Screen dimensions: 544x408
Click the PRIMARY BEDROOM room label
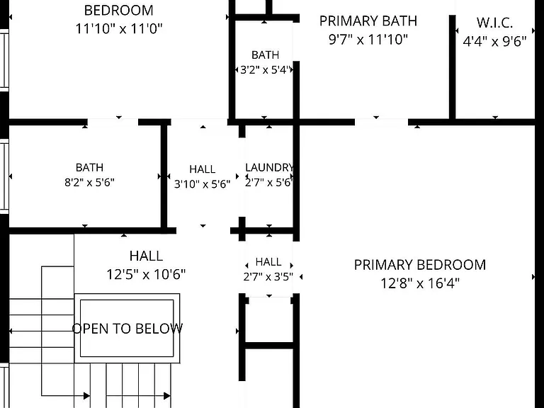(420, 265)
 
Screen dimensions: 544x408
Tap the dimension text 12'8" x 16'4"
(420, 283)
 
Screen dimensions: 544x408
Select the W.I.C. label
(494, 23)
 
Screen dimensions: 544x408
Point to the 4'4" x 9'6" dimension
(494, 41)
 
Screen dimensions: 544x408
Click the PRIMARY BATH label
(368, 21)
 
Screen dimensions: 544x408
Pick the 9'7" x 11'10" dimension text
(368, 40)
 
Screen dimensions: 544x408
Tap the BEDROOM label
(119, 11)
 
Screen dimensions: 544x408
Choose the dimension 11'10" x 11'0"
(119, 29)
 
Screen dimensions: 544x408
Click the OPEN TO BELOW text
(127, 329)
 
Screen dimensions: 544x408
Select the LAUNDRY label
(270, 168)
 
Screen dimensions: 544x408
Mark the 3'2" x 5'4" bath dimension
(265, 70)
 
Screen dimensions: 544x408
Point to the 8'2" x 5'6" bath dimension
(89, 182)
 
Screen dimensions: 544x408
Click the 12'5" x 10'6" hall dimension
(146, 274)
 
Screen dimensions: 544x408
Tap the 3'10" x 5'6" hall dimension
(203, 184)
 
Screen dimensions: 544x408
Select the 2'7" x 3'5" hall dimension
(268, 276)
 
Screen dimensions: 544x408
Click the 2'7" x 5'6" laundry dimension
(268, 183)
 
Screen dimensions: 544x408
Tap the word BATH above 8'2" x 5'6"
(89, 168)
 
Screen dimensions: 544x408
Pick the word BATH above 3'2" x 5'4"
(266, 55)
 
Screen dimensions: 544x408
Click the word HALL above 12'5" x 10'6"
(146, 256)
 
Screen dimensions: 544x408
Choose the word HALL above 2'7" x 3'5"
(268, 262)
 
